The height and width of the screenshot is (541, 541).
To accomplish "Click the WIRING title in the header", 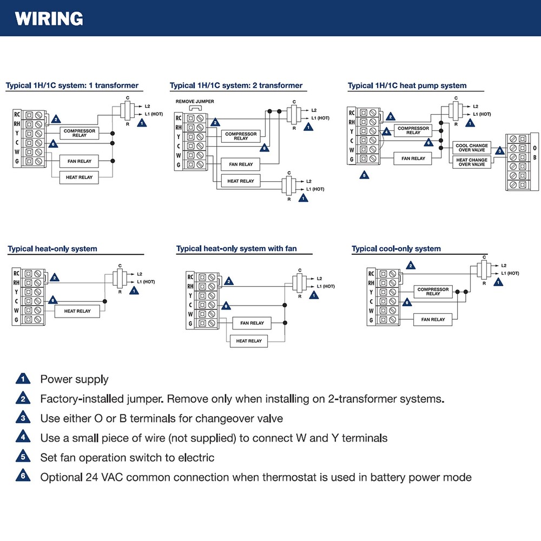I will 49,19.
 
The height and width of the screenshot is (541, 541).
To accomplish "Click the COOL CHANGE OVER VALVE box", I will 471,148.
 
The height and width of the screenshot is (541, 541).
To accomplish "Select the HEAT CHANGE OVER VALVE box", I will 471,162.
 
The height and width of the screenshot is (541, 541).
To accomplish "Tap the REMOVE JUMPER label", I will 195,102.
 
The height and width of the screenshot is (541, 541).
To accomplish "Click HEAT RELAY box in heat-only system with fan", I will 249,341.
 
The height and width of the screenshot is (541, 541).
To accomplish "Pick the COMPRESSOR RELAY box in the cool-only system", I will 433,292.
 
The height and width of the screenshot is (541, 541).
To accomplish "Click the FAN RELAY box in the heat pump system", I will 413,159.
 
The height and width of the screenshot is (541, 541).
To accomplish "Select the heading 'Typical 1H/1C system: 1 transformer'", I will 72,85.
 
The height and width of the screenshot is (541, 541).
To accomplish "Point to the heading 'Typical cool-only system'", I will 396,249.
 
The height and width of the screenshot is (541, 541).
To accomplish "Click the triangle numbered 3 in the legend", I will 23,418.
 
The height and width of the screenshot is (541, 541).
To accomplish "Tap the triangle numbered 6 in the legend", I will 23,477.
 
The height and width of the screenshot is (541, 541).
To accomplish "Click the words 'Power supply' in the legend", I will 74,379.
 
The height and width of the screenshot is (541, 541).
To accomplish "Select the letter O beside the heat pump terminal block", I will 535,148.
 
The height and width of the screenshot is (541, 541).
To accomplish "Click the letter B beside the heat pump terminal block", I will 535,157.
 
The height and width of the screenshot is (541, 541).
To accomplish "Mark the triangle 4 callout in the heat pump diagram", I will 386,131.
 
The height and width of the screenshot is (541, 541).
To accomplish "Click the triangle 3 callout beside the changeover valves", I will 499,151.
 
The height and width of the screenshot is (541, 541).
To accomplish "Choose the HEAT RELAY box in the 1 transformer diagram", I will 78,177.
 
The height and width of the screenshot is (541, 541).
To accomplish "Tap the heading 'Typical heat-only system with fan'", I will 236,249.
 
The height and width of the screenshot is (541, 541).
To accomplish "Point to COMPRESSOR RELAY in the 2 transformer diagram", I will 240,136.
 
